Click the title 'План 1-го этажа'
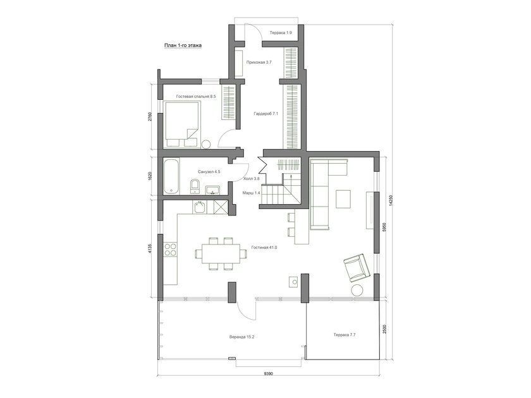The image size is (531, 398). click(x=183, y=45)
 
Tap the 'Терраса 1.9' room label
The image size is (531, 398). click(x=281, y=33)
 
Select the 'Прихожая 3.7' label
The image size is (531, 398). click(x=259, y=63)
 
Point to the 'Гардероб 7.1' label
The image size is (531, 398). click(x=266, y=114)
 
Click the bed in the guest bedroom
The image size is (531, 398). click(x=182, y=124)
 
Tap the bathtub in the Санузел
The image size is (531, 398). click(x=172, y=177)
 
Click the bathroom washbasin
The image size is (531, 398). click(x=212, y=190)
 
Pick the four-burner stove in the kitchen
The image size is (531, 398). click(x=170, y=249)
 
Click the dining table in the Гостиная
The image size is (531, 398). click(x=221, y=254)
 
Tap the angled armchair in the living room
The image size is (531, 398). click(x=357, y=268)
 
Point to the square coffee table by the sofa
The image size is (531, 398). click(x=343, y=199)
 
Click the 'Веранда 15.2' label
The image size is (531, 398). click(x=241, y=337)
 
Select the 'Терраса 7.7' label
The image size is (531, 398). click(x=345, y=335)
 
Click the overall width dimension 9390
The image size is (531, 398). click(x=268, y=373)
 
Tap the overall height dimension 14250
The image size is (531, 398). click(x=391, y=200)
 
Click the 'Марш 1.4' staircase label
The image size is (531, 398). click(x=252, y=193)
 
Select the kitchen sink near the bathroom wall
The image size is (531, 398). click(x=200, y=207)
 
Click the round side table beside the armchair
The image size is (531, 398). click(x=357, y=291)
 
